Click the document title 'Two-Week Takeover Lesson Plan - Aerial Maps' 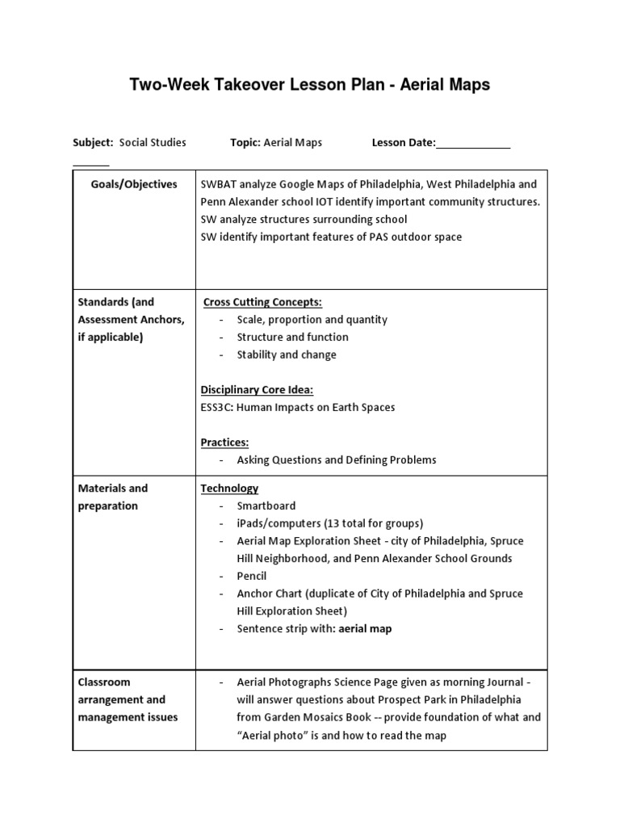point(310,85)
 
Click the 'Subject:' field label point(93,143)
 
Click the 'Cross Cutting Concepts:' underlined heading point(262,302)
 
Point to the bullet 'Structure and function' point(292,337)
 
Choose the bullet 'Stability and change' point(287,355)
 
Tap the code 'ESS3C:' point(217,408)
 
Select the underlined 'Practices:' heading point(224,443)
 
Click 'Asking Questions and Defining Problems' point(336,460)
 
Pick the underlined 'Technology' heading point(229,489)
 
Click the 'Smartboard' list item point(266,506)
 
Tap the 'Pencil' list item point(252,576)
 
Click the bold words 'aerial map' point(365,629)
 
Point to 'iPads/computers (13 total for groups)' point(329,523)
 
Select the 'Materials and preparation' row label point(113,497)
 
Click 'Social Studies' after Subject point(153,143)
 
